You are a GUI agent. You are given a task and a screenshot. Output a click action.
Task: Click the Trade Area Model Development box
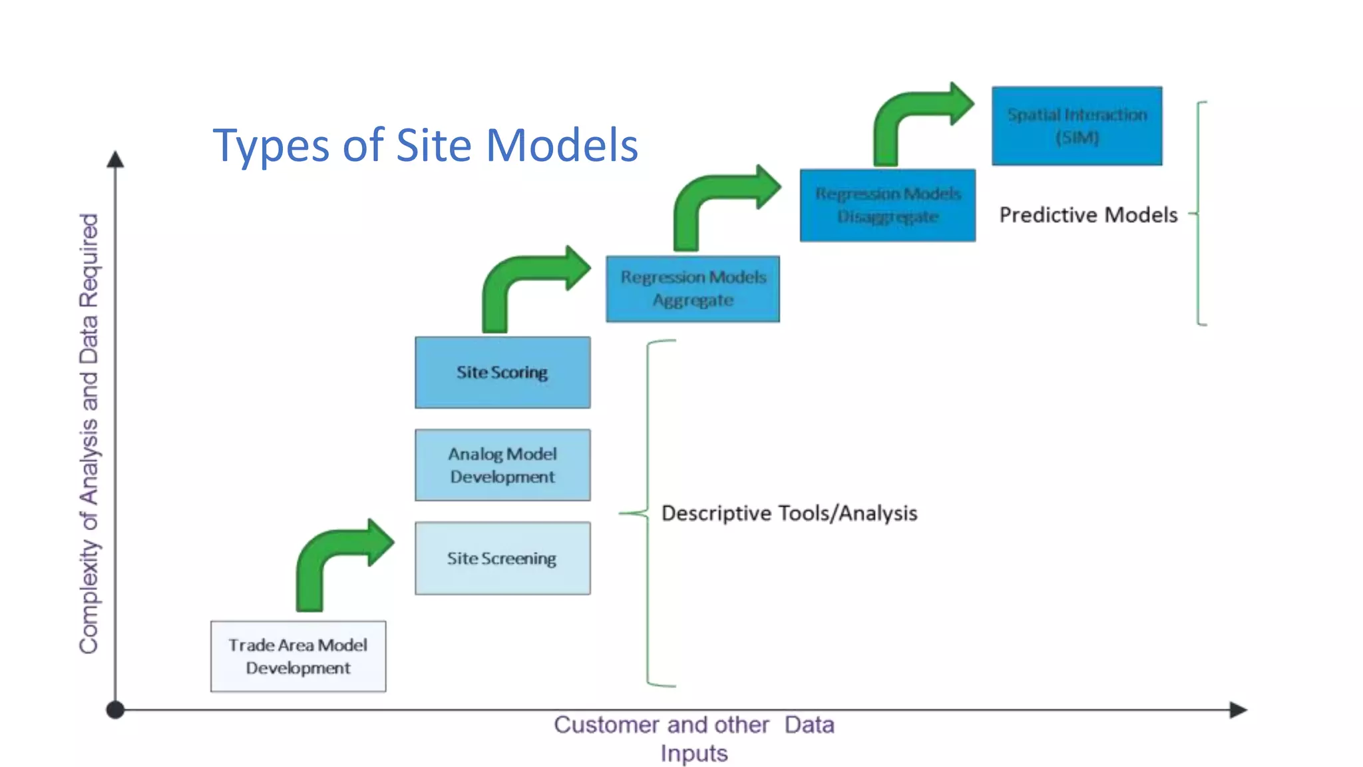pyautogui.click(x=298, y=656)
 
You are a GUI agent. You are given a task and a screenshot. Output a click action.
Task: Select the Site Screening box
pyautogui.click(x=502, y=558)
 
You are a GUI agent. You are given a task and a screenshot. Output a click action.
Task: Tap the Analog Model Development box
pyautogui.click(x=502, y=465)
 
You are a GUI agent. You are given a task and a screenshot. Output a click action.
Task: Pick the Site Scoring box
pyautogui.click(x=502, y=372)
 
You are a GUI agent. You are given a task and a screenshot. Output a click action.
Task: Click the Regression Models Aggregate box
pyautogui.click(x=693, y=289)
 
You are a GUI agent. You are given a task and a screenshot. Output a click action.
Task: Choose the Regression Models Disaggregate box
pyautogui.click(x=888, y=205)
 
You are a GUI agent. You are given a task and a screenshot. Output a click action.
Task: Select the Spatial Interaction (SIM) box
pyautogui.click(x=1077, y=126)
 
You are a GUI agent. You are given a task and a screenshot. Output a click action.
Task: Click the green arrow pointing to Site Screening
pyautogui.click(x=333, y=559)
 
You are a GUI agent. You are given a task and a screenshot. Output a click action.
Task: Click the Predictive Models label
pyautogui.click(x=1088, y=215)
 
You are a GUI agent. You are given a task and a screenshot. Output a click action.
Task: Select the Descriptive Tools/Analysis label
pyautogui.click(x=789, y=513)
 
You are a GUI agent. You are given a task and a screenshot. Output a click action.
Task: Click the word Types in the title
pyautogui.click(x=270, y=146)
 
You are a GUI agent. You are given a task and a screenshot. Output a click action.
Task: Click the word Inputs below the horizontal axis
pyautogui.click(x=693, y=754)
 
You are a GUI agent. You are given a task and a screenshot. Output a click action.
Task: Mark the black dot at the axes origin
pyautogui.click(x=115, y=710)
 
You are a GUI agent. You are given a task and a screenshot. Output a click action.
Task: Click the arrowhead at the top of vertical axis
pyautogui.click(x=115, y=158)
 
